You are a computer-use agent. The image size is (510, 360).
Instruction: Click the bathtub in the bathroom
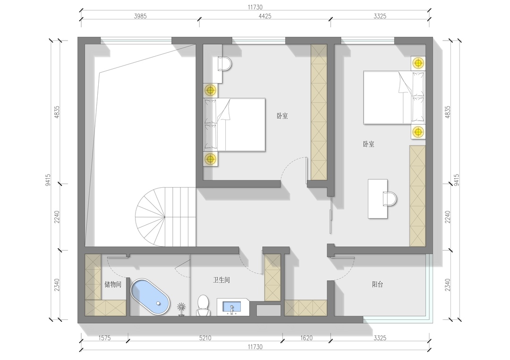coord(150,297)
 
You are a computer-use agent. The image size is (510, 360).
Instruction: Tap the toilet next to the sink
coord(203,305)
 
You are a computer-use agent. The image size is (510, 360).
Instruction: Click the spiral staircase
coord(166,217)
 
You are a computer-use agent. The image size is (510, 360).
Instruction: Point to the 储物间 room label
coord(113,285)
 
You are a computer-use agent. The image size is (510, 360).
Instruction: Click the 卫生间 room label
coord(221,280)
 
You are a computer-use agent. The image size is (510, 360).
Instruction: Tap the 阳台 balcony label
coord(377,285)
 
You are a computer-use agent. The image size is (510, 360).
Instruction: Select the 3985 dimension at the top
coord(140,16)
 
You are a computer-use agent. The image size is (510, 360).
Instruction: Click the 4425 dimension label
coord(265,16)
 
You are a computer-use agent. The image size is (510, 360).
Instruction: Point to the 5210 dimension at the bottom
coord(205,338)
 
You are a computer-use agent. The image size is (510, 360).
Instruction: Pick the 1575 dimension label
coord(104,338)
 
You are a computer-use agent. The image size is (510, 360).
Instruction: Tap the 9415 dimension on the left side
coord(48,180)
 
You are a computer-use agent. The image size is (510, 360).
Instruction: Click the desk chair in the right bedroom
coord(390,199)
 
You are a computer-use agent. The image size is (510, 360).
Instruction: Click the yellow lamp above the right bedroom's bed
coord(418,63)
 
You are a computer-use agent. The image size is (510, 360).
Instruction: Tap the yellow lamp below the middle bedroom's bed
coord(211,159)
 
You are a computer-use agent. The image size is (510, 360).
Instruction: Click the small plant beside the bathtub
coord(181,309)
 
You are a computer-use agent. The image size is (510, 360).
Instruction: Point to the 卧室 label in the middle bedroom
coord(282,116)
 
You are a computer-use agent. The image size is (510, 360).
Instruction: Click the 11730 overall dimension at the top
coord(255,7)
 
